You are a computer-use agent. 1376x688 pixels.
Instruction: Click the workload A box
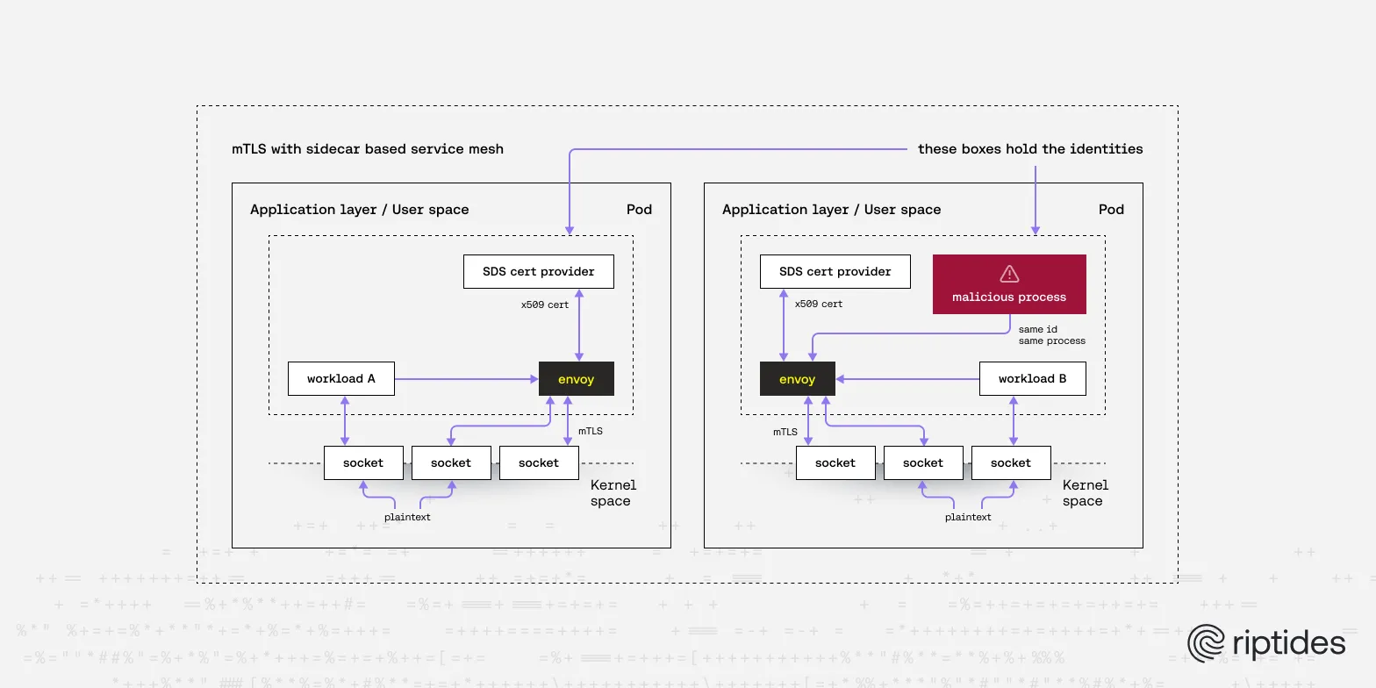341,379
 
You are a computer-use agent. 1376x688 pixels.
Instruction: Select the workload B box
1032,379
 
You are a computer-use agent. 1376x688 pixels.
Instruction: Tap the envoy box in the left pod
576,379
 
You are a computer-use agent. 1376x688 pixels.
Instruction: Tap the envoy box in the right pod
797,379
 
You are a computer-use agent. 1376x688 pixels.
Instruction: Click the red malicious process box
1009,284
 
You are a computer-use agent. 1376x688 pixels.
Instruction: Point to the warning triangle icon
1009,273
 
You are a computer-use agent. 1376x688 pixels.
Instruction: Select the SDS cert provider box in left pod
538,271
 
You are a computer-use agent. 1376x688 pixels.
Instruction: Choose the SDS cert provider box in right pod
835,271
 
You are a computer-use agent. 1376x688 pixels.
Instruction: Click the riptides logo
1266,642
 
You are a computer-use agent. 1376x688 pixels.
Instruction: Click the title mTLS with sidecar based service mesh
368,149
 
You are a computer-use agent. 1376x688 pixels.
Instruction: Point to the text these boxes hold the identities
1030,149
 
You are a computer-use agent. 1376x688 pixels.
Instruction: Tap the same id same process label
1051,335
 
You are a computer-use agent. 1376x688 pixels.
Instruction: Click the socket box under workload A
363,462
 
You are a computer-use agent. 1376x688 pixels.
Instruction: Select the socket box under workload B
1011,462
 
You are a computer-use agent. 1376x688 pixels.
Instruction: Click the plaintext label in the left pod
407,517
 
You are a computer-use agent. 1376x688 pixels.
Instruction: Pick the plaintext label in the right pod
968,517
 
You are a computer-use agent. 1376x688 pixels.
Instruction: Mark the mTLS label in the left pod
591,431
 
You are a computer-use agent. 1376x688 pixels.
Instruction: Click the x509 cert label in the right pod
819,304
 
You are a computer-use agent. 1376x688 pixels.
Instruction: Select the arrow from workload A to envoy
465,379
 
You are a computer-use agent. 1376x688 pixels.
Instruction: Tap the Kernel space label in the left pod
613,493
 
